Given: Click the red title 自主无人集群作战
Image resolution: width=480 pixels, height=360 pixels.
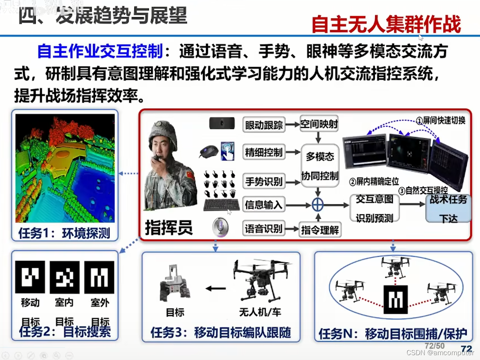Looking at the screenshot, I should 386,24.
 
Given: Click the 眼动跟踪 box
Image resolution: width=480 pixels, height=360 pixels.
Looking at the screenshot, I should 264,125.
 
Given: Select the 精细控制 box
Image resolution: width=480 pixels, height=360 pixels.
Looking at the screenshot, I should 264,152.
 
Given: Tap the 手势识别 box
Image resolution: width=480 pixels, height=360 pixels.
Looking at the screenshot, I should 264,181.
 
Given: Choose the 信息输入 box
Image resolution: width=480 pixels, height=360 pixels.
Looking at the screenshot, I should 264,205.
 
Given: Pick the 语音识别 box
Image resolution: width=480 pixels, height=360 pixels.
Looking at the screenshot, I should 264,229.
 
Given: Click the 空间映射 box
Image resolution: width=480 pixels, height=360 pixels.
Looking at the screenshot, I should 319,124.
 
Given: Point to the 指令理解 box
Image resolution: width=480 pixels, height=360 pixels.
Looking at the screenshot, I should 320,230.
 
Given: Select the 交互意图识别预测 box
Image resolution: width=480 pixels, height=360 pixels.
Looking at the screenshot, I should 374,208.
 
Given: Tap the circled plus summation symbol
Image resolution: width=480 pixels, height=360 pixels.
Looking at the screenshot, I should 318,205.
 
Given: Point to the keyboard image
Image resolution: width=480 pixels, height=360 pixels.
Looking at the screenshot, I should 222,205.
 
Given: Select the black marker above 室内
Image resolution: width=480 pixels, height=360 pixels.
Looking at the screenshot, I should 65,277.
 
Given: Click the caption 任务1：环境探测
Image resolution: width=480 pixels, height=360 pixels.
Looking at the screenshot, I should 64,233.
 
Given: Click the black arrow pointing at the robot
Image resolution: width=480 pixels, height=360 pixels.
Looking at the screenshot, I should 216,288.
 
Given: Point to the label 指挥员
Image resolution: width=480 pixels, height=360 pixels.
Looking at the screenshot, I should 169,227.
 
